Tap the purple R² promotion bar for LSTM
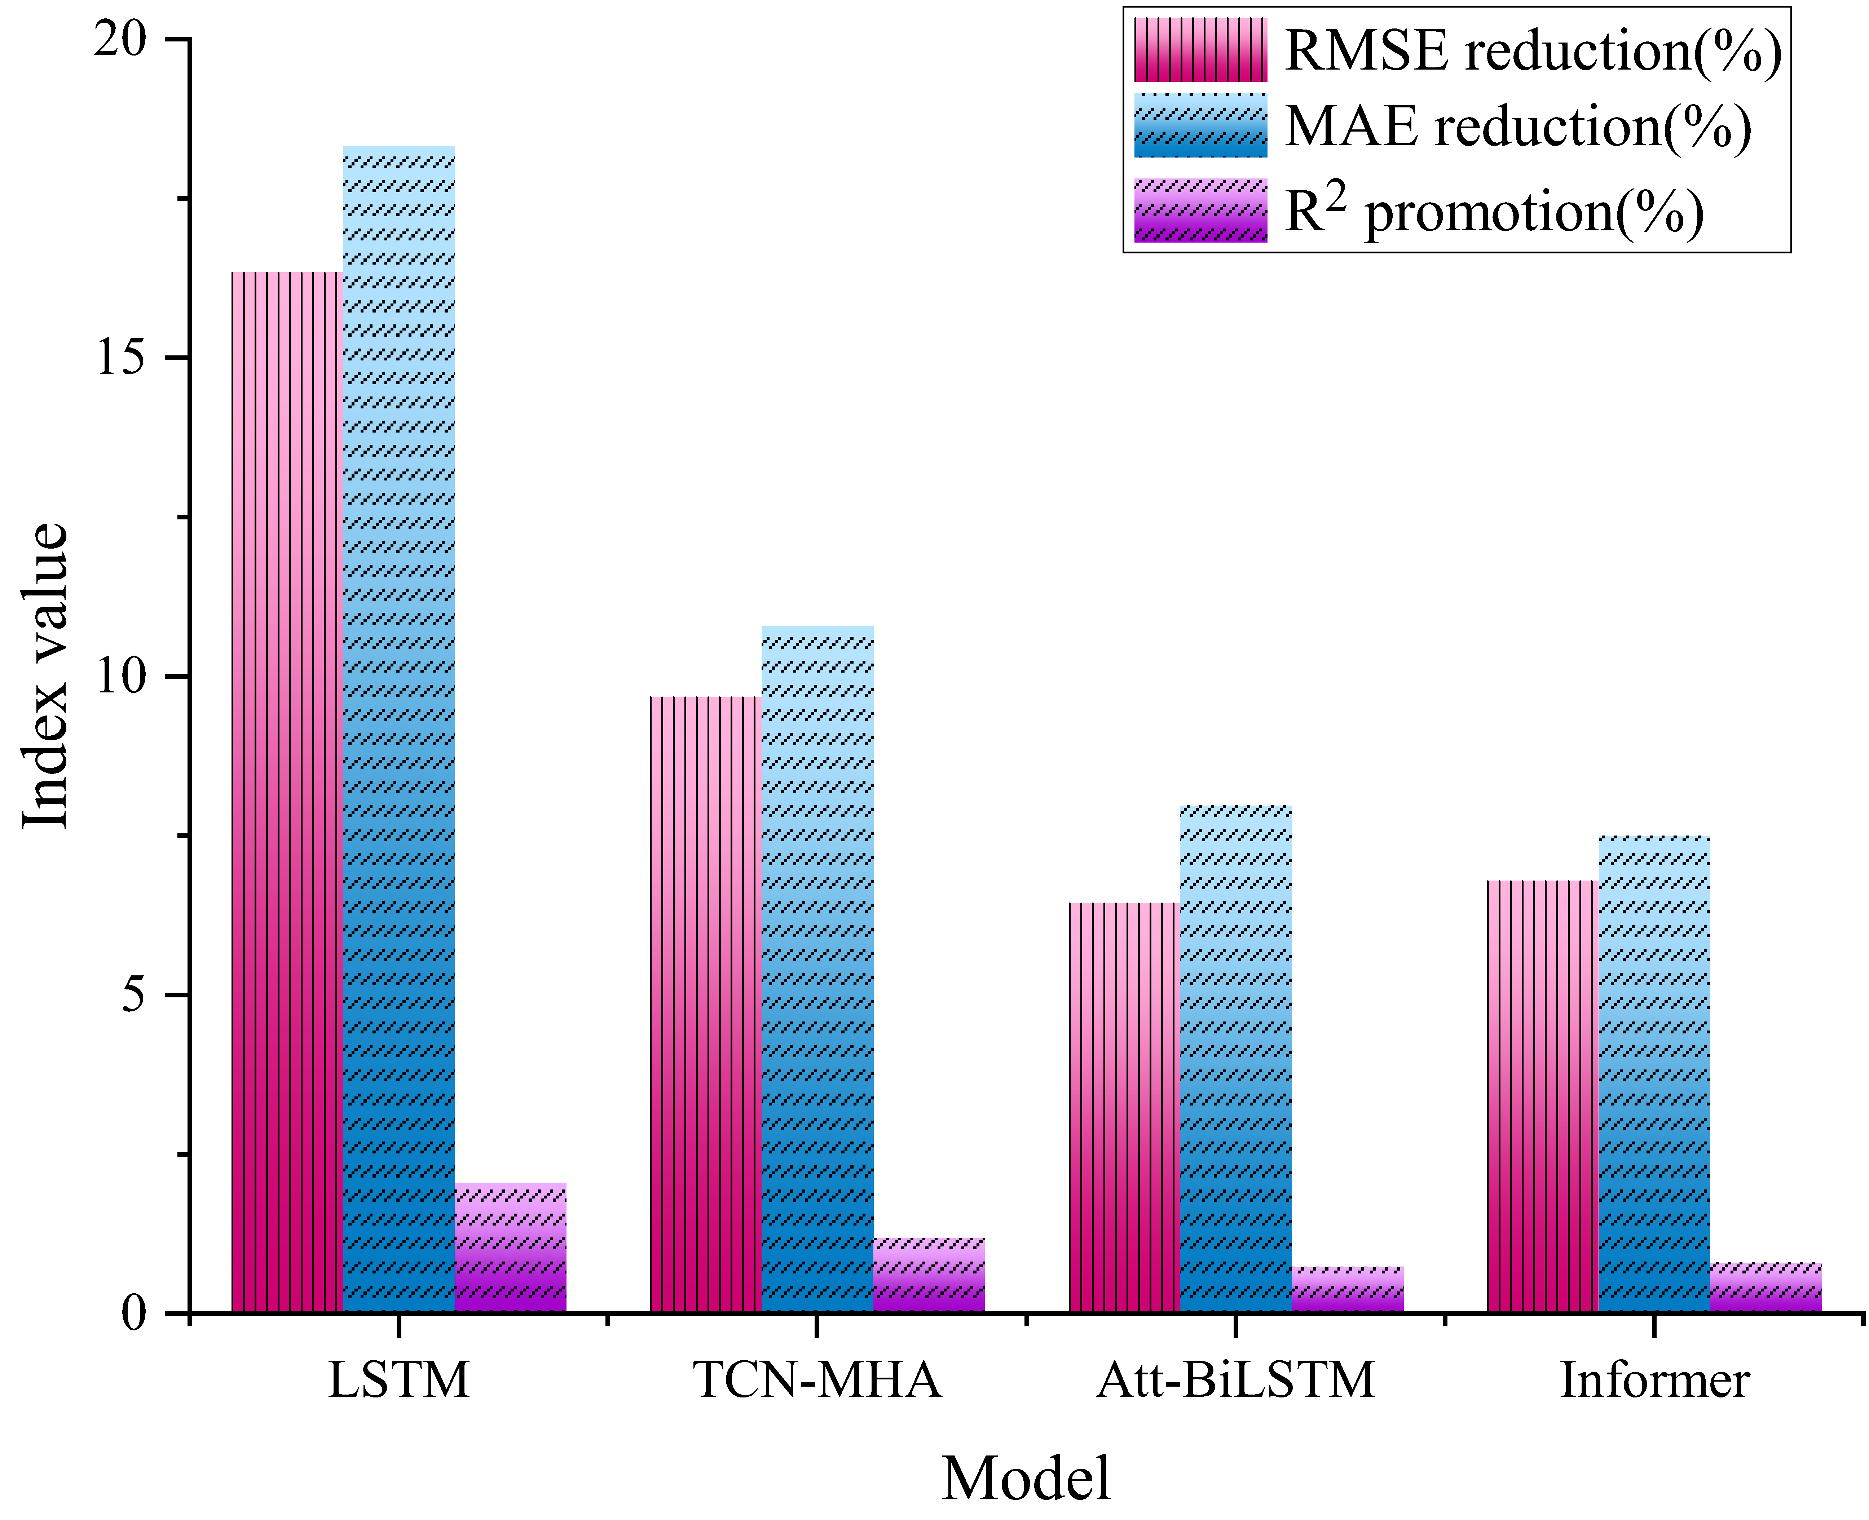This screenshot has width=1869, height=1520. coord(511,1248)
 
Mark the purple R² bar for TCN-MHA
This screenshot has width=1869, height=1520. coord(929,1275)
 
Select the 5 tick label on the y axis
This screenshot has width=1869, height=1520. coord(133,995)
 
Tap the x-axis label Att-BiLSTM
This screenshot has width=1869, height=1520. coord(1236,1382)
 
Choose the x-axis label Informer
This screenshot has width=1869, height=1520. coord(1654,1382)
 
